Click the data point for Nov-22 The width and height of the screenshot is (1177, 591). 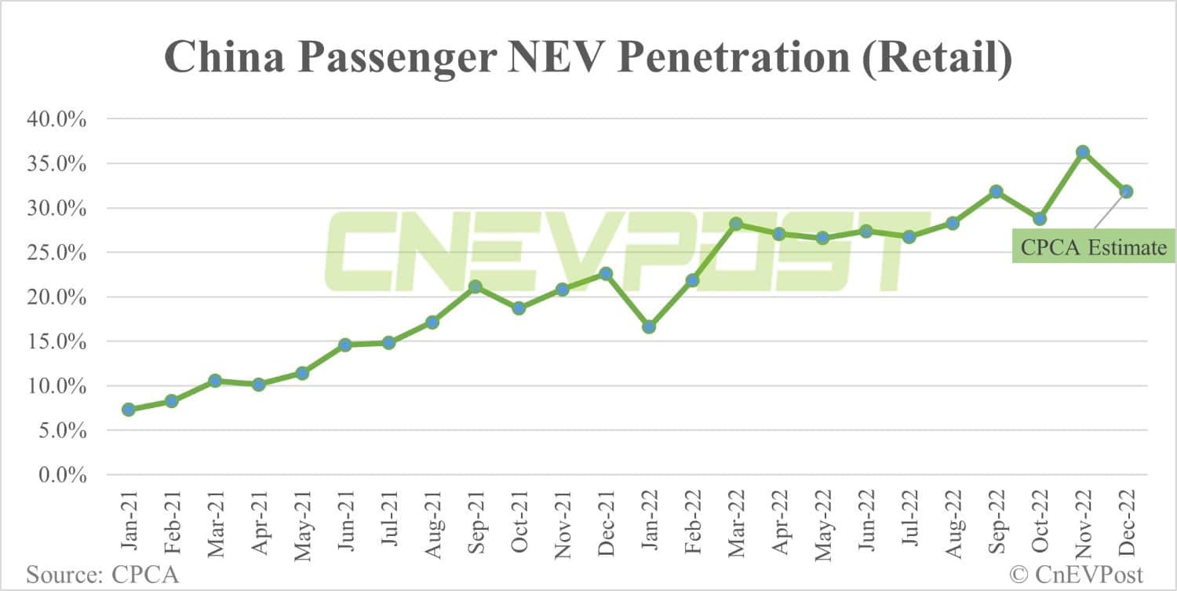click(x=1083, y=151)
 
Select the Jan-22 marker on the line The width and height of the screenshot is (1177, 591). click(x=648, y=327)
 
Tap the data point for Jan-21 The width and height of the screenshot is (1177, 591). click(x=128, y=409)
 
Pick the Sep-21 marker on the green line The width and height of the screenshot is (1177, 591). click(x=475, y=286)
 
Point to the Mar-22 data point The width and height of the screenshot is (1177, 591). click(x=736, y=224)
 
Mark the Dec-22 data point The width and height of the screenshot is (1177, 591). click(x=1126, y=192)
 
